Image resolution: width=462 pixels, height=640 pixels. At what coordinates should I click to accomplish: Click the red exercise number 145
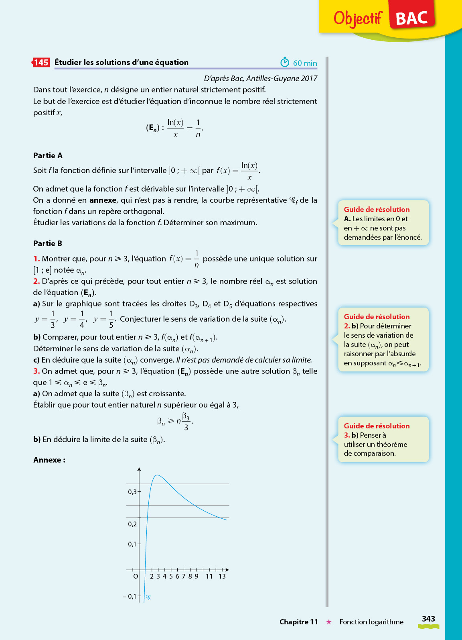click(41, 62)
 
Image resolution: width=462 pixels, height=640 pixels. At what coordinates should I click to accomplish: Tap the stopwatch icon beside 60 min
click(285, 62)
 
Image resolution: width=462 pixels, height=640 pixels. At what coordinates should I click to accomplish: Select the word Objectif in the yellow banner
click(358, 18)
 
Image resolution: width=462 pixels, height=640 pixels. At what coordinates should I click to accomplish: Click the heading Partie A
click(48, 156)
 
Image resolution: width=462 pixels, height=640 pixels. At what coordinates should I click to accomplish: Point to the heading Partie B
click(48, 244)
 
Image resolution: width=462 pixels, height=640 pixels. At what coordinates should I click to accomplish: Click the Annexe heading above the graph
click(49, 460)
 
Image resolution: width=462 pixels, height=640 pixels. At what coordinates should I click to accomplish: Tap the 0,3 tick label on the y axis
click(132, 492)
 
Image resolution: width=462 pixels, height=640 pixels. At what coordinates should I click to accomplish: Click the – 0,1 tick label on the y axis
click(130, 597)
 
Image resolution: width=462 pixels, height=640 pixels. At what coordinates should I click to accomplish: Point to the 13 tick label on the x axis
click(222, 577)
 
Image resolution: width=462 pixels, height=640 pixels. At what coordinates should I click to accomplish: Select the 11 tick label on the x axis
click(209, 577)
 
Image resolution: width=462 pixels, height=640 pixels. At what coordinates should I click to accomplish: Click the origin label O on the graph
click(136, 577)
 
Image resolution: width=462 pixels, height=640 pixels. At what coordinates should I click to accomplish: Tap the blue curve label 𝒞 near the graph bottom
click(148, 598)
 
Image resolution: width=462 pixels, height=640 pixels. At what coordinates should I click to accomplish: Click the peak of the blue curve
click(157, 475)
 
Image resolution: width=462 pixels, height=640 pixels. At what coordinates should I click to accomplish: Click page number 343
click(428, 619)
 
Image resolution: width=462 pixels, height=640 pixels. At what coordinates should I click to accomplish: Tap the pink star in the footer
click(329, 622)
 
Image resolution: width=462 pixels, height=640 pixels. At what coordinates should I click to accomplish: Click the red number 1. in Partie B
click(36, 259)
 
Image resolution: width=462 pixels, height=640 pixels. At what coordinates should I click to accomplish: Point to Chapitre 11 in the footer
click(298, 622)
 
